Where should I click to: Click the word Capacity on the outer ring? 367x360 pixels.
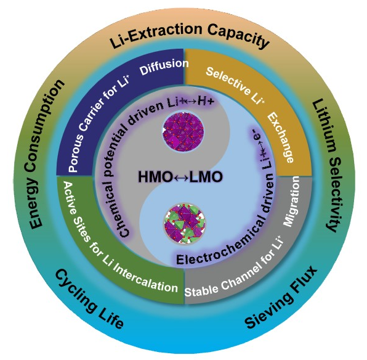click(x=238, y=36)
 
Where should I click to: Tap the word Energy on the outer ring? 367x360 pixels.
click(x=35, y=203)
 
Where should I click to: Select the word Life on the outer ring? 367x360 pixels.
click(x=110, y=319)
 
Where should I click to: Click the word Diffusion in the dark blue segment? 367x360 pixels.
click(x=164, y=67)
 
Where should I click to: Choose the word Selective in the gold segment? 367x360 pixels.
click(x=228, y=81)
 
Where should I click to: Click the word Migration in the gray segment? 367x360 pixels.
click(x=291, y=201)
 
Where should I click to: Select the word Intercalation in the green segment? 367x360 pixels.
click(x=146, y=279)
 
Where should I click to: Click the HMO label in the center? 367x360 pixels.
click(x=155, y=177)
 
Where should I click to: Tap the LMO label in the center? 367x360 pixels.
click(x=206, y=177)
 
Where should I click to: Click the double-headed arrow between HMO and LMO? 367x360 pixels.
click(x=180, y=178)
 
